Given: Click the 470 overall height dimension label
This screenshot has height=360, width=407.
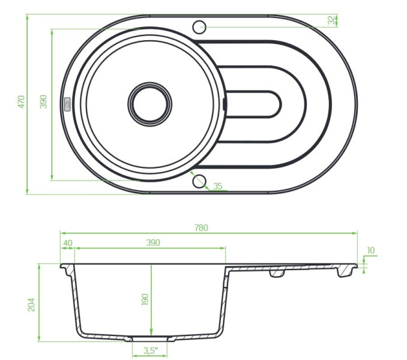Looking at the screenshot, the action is pos(22,101).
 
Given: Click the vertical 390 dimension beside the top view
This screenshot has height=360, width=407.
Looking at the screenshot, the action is pos(43,101).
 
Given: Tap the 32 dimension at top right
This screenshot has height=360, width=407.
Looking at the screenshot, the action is pos(331,20).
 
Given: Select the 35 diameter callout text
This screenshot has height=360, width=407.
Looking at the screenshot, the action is pos(218,186).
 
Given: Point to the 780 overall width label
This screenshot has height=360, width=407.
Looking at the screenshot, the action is pos(201,227).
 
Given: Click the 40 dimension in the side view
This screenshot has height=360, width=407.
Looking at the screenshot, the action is pos(68,243).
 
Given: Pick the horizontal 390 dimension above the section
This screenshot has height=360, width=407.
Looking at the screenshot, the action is pos(153,243).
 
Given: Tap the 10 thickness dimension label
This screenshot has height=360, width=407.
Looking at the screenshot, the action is pos(371,250).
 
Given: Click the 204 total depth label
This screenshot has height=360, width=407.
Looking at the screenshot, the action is pos(31,304).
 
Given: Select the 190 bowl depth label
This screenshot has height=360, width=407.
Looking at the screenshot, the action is pos(145,299).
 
